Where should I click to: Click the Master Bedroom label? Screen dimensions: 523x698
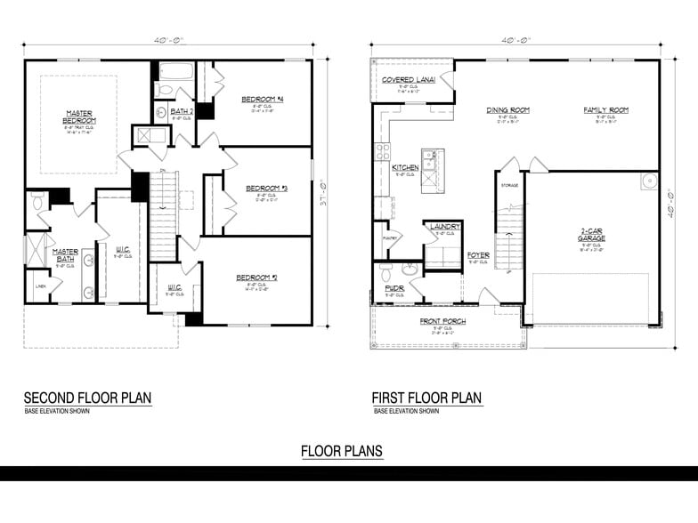pyautogui.click(x=78, y=117)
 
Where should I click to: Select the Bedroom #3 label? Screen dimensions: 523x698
pyautogui.click(x=265, y=188)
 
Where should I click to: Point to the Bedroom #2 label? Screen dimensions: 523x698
pyautogui.click(x=256, y=278)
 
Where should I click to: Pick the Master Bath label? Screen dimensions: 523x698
pyautogui.click(x=66, y=254)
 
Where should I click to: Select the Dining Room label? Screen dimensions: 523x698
pyautogui.click(x=507, y=110)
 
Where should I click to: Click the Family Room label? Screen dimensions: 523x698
pyautogui.click(x=605, y=110)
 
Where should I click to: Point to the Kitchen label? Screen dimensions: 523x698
pyautogui.click(x=406, y=167)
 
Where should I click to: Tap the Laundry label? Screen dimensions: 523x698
pyautogui.click(x=444, y=227)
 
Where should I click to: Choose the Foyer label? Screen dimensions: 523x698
pyautogui.click(x=478, y=255)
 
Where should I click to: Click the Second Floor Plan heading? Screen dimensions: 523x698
pyautogui.click(x=87, y=398)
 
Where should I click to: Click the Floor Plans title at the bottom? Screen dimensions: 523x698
pyautogui.click(x=342, y=451)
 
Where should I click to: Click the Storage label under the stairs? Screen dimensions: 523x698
pyautogui.click(x=509, y=186)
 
